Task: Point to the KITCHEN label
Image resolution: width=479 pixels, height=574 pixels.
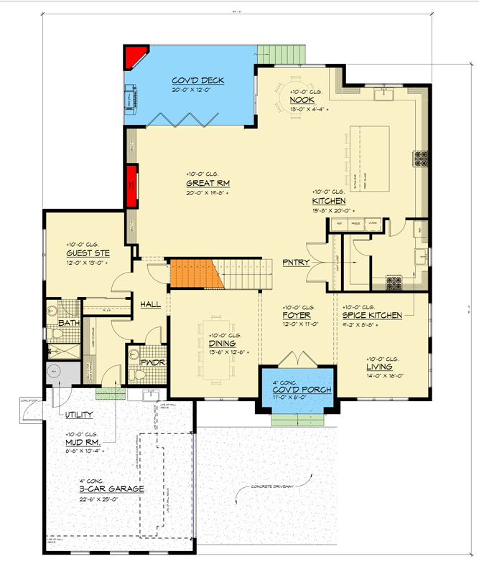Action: (x=329, y=201)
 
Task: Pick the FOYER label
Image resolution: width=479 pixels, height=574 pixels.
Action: (x=296, y=316)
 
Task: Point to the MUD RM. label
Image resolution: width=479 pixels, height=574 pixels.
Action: (x=80, y=443)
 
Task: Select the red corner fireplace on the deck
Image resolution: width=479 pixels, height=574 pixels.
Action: (x=134, y=57)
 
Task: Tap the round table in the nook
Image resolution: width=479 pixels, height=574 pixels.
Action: (x=295, y=94)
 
